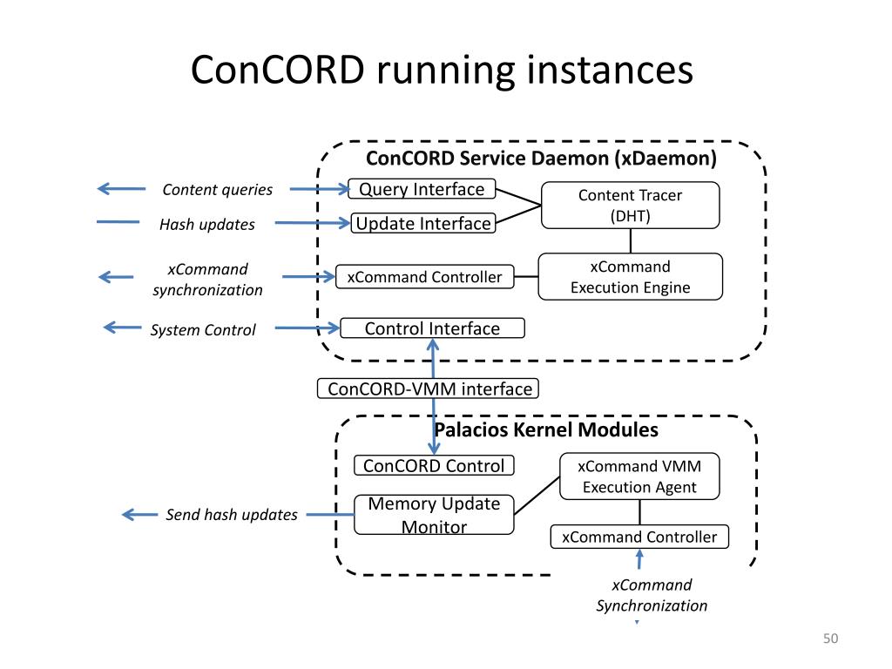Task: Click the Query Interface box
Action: pos(422,189)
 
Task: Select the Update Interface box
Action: pos(423,223)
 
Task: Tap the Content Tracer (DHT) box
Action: pos(631,206)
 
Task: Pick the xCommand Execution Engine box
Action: pos(631,277)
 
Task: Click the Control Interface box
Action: pos(432,328)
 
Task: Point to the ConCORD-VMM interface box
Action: pos(428,389)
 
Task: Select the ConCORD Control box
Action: pos(434,465)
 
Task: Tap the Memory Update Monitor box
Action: pos(434,515)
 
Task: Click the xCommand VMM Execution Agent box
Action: pos(639,476)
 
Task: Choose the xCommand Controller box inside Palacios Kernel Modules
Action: pos(639,537)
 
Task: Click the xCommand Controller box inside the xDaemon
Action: pos(424,277)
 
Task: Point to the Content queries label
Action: pos(217,189)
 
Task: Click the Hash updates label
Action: pos(207,224)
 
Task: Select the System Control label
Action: pos(203,330)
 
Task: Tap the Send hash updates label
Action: pos(232,514)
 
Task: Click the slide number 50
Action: pos(830,639)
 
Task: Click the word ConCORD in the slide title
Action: pos(278,70)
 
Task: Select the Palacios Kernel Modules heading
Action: pos(546,429)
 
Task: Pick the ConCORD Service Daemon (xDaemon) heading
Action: pos(541,159)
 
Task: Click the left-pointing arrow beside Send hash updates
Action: pos(140,515)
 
